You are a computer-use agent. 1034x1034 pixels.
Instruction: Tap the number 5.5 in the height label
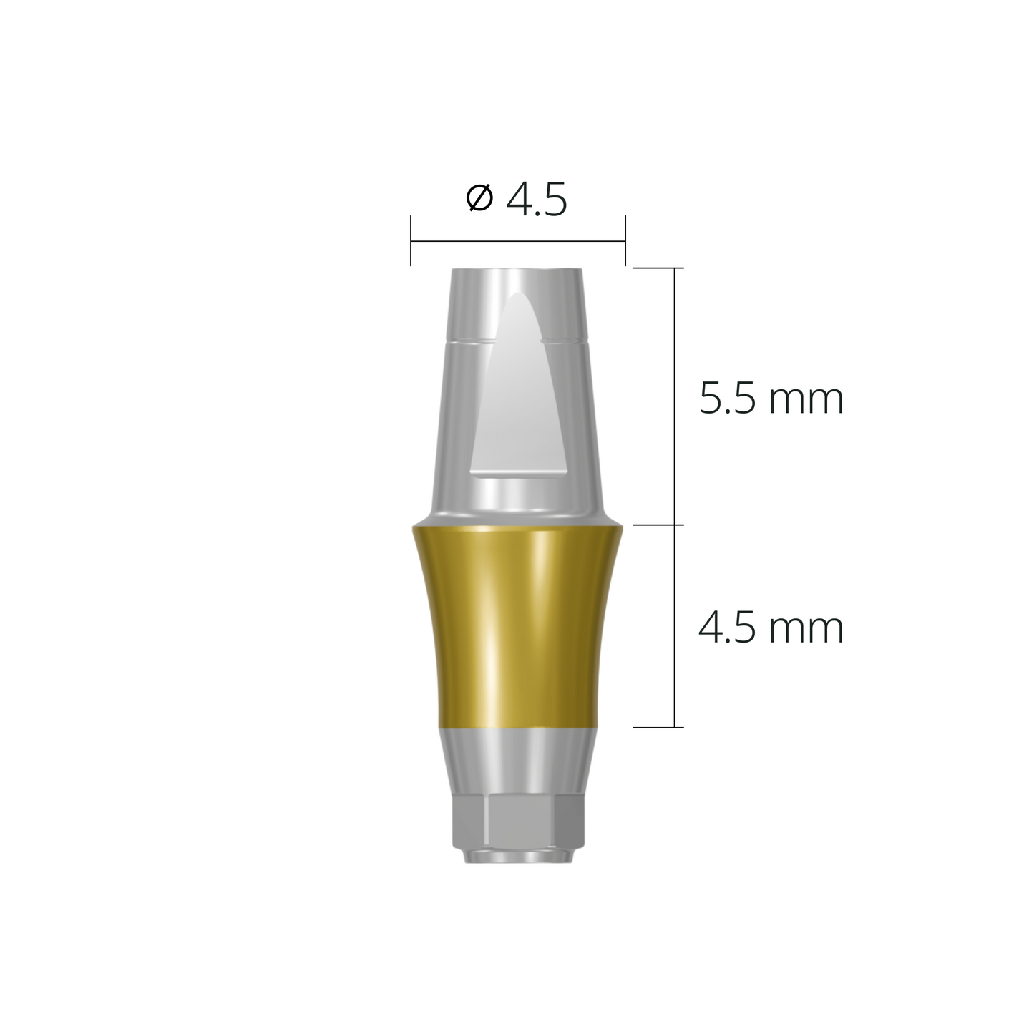727,399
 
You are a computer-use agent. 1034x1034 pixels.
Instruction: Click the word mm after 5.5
806,401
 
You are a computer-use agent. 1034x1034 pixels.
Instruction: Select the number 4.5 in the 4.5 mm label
727,628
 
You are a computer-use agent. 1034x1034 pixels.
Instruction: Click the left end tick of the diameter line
411,241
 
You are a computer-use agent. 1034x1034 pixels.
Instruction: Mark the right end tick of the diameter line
625,241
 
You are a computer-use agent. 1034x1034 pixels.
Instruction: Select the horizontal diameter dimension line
518,241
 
